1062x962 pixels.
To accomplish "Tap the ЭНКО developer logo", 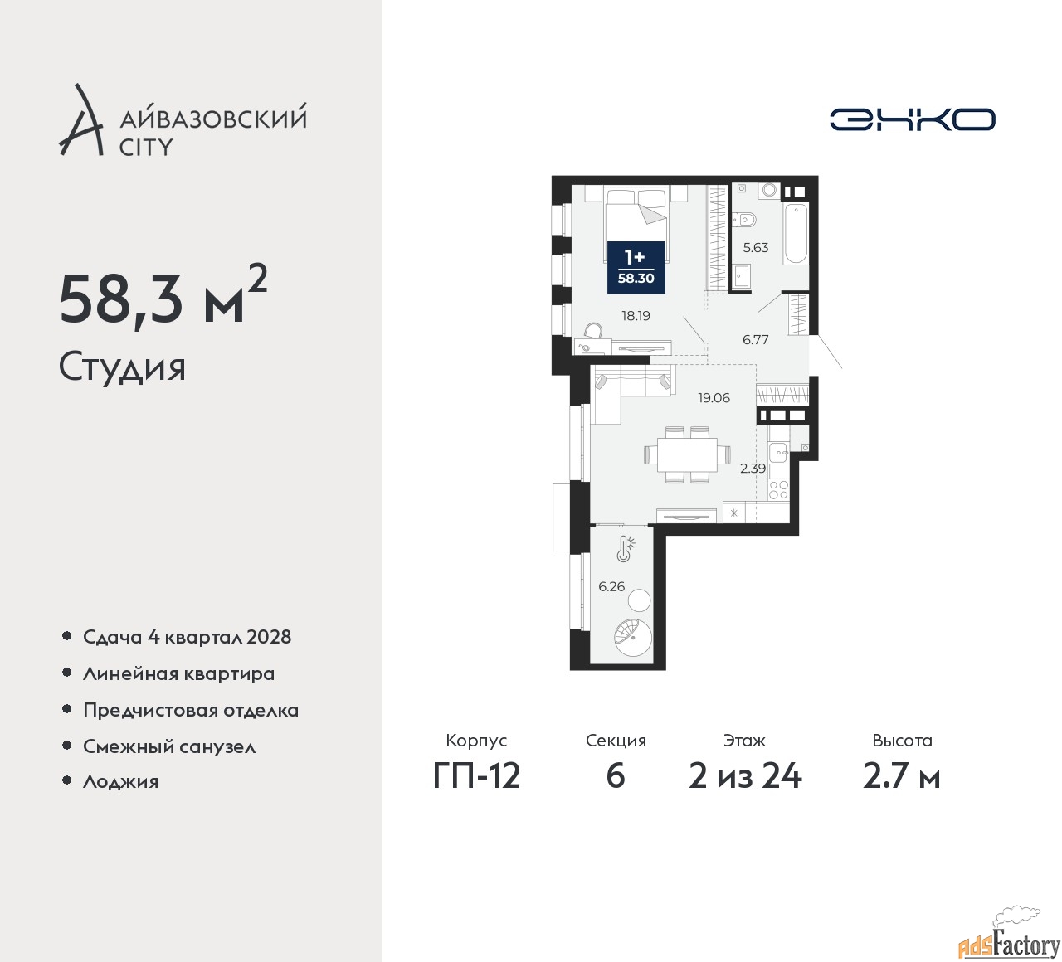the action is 912,119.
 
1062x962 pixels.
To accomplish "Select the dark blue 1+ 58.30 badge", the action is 636,267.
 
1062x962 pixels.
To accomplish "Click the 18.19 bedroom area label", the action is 636,316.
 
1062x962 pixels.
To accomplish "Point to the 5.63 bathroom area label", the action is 756,248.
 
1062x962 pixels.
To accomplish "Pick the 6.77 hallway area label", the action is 756,340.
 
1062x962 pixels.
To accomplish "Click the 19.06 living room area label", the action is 714,398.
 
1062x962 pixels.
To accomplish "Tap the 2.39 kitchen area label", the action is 753,469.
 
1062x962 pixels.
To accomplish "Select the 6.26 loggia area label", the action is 611,586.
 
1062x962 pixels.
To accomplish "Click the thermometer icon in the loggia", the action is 625,548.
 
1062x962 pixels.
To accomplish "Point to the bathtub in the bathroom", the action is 795,233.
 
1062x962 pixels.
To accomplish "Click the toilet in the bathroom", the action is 745,219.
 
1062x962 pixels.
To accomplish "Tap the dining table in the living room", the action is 687,454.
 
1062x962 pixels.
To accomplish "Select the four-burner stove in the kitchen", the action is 778,489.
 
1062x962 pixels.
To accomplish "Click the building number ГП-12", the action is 476,776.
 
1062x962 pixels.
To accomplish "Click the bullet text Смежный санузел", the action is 169,746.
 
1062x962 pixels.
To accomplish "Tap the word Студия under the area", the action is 122,367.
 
